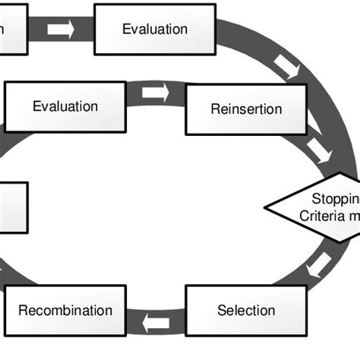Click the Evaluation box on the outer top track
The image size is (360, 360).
155,30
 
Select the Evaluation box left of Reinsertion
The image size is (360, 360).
65,106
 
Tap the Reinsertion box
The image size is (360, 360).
246,109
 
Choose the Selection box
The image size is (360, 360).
246,310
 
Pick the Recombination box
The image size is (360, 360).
65,310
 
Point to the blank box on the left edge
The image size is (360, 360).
14,207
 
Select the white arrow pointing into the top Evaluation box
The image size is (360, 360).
61,30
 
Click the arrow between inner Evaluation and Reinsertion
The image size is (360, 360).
155,93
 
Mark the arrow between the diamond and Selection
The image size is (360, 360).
319,265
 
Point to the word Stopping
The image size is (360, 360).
335,198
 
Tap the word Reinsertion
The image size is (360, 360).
246,109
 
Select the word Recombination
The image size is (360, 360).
65,311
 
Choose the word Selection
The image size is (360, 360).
246,311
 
